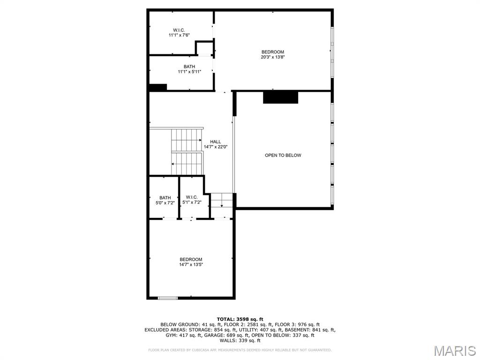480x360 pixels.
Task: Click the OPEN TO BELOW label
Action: pos(283,155)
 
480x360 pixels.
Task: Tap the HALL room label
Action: pos(215,142)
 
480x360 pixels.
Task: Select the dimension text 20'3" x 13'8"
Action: pos(273,57)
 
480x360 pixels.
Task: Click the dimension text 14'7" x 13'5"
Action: pos(191,264)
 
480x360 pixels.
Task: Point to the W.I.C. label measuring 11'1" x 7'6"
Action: pos(179,30)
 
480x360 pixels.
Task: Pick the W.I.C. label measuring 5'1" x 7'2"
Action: pos(192,197)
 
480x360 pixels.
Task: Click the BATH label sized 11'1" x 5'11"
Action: pos(189,67)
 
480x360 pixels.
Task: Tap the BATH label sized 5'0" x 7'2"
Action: pos(165,198)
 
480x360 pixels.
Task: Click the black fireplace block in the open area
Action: pos(280,97)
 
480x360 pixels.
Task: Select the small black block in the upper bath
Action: pos(158,87)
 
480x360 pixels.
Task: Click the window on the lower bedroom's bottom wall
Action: pos(168,298)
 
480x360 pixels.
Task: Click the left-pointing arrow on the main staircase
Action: pos(173,164)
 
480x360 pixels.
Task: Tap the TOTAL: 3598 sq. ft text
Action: pos(240,319)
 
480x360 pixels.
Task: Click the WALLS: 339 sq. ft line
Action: pos(240,341)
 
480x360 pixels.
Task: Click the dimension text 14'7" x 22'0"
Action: pos(215,147)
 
